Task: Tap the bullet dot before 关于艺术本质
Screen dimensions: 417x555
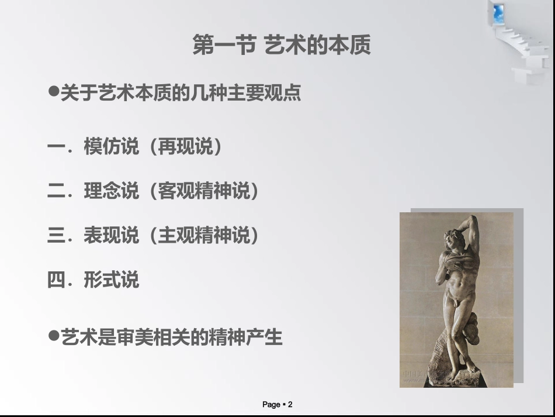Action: [x=53, y=92]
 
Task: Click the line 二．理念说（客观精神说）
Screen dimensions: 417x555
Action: [x=154, y=191]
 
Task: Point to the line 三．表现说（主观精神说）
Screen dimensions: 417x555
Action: [x=154, y=236]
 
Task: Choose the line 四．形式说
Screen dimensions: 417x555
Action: [x=93, y=280]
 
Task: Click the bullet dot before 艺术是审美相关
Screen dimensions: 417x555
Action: [x=53, y=336]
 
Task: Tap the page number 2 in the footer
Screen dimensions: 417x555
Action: [x=290, y=405]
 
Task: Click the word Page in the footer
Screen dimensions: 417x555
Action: [x=272, y=405]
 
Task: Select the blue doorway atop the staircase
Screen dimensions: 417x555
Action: [x=498, y=13]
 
